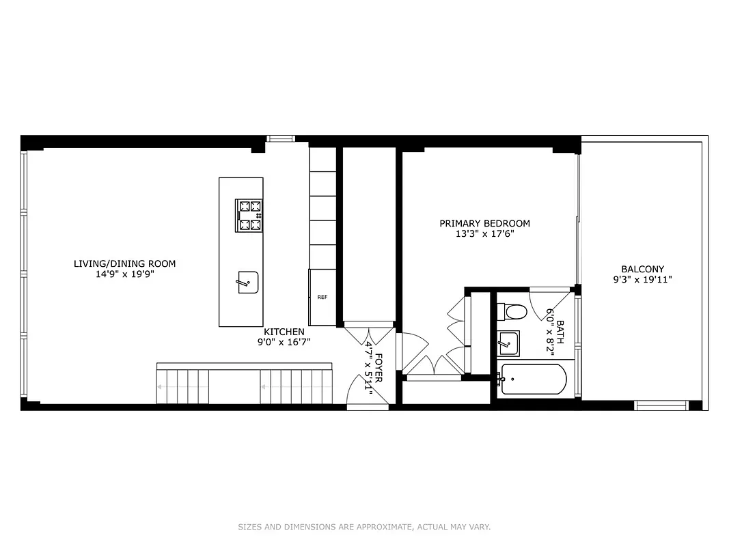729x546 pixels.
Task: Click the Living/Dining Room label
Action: point(124,263)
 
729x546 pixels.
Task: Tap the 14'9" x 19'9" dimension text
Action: point(124,275)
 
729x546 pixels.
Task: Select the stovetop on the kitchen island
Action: point(249,216)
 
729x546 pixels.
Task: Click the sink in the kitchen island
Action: point(248,282)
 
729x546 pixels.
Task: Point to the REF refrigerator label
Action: point(322,297)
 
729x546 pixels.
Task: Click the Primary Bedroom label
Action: point(484,223)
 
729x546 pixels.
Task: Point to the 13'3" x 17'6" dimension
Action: point(484,234)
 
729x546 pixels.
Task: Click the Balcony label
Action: point(642,269)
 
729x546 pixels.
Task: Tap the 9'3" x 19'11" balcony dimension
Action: point(642,280)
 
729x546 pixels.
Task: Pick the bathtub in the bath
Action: point(534,379)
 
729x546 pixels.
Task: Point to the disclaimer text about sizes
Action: point(364,527)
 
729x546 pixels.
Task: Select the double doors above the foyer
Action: point(369,332)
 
